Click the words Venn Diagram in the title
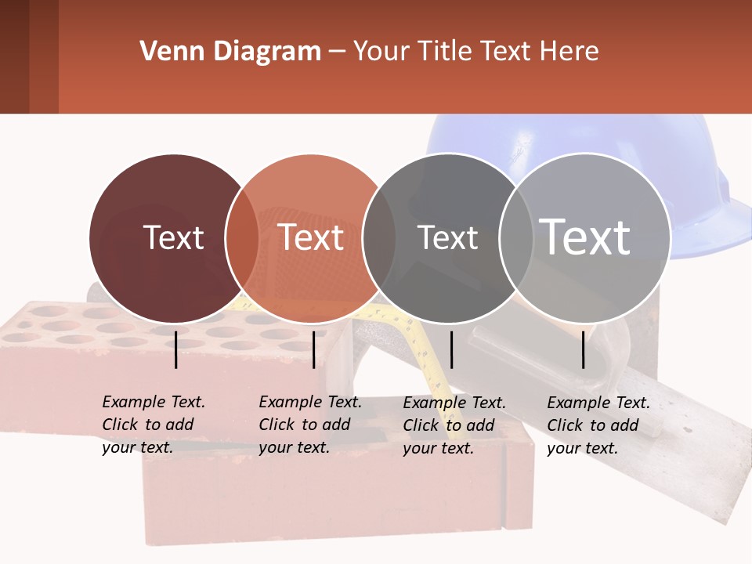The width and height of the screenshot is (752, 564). pyautogui.click(x=230, y=52)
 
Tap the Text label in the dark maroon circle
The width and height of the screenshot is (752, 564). pyautogui.click(x=173, y=237)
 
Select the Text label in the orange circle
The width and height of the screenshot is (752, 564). pyautogui.click(x=311, y=237)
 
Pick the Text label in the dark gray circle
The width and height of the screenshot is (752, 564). pyautogui.click(x=447, y=237)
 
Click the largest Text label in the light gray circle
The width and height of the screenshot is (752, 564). pyautogui.click(x=585, y=237)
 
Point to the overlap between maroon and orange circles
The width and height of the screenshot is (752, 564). pyautogui.click(x=242, y=238)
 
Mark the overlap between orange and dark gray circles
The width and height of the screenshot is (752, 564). pyautogui.click(x=379, y=238)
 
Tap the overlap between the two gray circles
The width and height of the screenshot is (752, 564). pyautogui.click(x=515, y=238)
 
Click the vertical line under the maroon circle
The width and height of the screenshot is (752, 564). pyautogui.click(x=176, y=349)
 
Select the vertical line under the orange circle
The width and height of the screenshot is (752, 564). pyautogui.click(x=313, y=349)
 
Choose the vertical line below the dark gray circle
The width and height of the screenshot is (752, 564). pyautogui.click(x=451, y=349)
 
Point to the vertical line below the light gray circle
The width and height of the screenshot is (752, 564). pyautogui.click(x=584, y=349)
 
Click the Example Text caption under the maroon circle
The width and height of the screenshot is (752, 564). pyautogui.click(x=154, y=425)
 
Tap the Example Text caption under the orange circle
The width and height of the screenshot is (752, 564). pyautogui.click(x=310, y=425)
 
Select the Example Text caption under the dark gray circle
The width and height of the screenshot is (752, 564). pyautogui.click(x=454, y=425)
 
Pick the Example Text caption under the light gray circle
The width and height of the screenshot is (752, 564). pyautogui.click(x=598, y=425)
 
